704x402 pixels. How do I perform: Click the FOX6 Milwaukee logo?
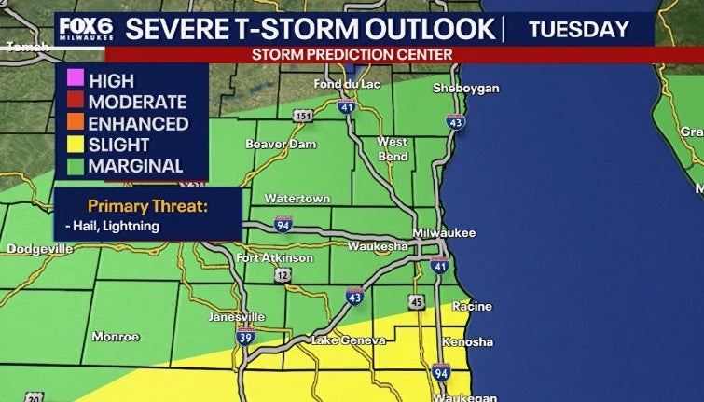pyautogui.click(x=85, y=27)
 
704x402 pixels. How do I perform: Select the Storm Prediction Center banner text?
pyautogui.click(x=352, y=54)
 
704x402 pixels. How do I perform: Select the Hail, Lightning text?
pyautogui.click(x=112, y=226)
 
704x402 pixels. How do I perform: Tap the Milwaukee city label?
pyautogui.click(x=445, y=232)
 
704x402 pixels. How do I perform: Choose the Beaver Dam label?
pyautogui.click(x=281, y=144)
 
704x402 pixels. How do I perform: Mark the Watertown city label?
pyautogui.click(x=297, y=199)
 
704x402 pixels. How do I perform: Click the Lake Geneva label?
pyautogui.click(x=338, y=340)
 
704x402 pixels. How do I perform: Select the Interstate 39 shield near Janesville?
pyautogui.click(x=244, y=338)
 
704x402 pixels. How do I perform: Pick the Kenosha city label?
pyautogui.click(x=467, y=342)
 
